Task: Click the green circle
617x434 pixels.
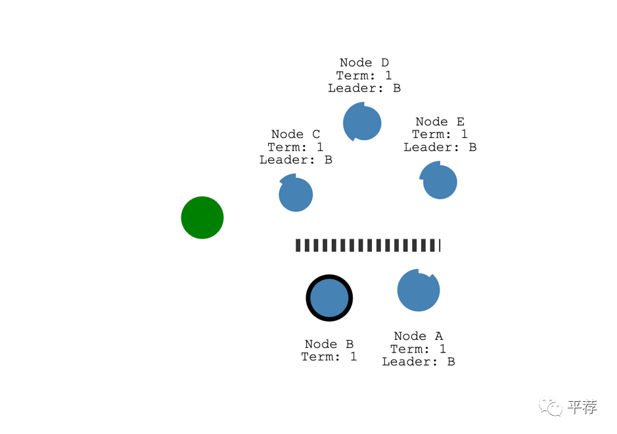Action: click(x=202, y=218)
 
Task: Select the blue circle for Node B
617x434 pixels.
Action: click(x=329, y=298)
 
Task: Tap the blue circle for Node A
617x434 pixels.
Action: click(x=419, y=290)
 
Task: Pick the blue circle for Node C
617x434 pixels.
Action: click(x=296, y=195)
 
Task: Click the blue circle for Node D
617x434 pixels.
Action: click(x=362, y=122)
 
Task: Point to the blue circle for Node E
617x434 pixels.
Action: click(x=440, y=181)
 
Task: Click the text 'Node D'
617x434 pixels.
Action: click(x=364, y=62)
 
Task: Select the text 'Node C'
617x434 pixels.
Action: click(x=296, y=134)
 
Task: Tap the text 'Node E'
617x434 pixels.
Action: click(x=440, y=122)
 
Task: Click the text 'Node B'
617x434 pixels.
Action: click(x=329, y=344)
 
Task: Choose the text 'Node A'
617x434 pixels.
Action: click(x=419, y=336)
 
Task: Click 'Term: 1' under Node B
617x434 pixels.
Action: click(x=329, y=356)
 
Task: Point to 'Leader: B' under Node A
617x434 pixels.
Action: click(x=419, y=362)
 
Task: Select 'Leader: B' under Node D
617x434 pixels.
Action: click(x=364, y=87)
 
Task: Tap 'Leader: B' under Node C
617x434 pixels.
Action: click(x=296, y=160)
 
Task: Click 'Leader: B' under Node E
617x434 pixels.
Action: click(x=440, y=147)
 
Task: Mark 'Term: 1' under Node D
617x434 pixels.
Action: click(x=364, y=75)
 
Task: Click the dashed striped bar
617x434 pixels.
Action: click(x=368, y=245)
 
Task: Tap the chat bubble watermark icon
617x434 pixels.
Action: click(x=551, y=407)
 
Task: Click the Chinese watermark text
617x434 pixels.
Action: click(x=582, y=407)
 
